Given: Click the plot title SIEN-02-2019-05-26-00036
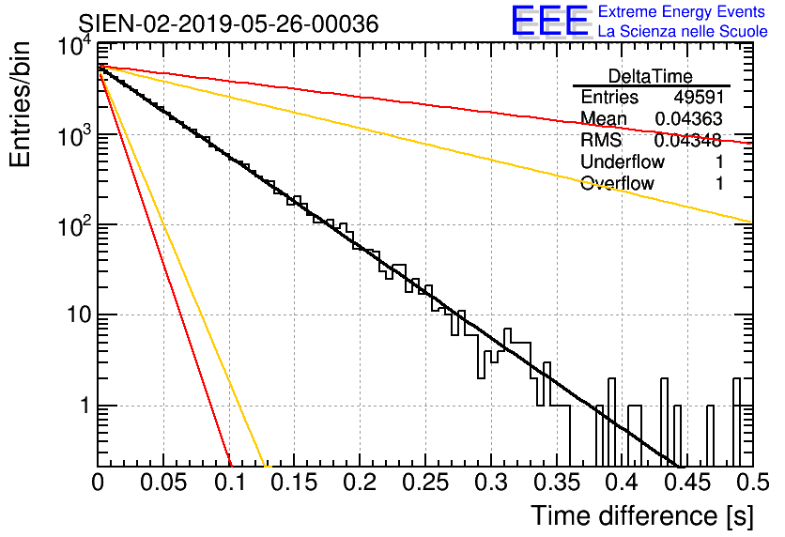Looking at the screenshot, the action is pos(228,23).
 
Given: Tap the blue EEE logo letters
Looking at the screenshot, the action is pos(549,21).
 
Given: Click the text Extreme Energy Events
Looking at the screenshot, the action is pos(682,11).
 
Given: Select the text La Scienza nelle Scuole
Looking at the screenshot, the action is pos(683,32).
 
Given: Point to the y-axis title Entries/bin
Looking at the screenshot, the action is pos(20,104).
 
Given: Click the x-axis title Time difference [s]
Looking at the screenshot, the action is pos(642,515).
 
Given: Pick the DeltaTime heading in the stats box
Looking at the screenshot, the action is pos(651,76).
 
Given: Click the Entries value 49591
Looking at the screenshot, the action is pos(699,97).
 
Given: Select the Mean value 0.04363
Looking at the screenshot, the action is pos(688,118).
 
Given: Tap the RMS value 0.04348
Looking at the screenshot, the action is pos(688,141).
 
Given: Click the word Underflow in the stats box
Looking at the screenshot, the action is pos(623,161).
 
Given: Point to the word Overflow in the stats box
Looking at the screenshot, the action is pos(617,183).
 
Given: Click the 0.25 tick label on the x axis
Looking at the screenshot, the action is pos(425,483).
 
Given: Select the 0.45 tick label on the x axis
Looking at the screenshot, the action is pos(687,483).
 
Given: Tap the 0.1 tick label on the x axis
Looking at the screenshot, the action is pos(230,483).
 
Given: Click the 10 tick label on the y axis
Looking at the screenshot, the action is pos(79,315).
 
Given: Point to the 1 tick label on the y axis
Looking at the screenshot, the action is pos(85,406).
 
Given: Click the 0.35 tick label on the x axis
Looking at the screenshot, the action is pos(556,483).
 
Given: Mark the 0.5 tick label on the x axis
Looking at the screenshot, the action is pos(753,483).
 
